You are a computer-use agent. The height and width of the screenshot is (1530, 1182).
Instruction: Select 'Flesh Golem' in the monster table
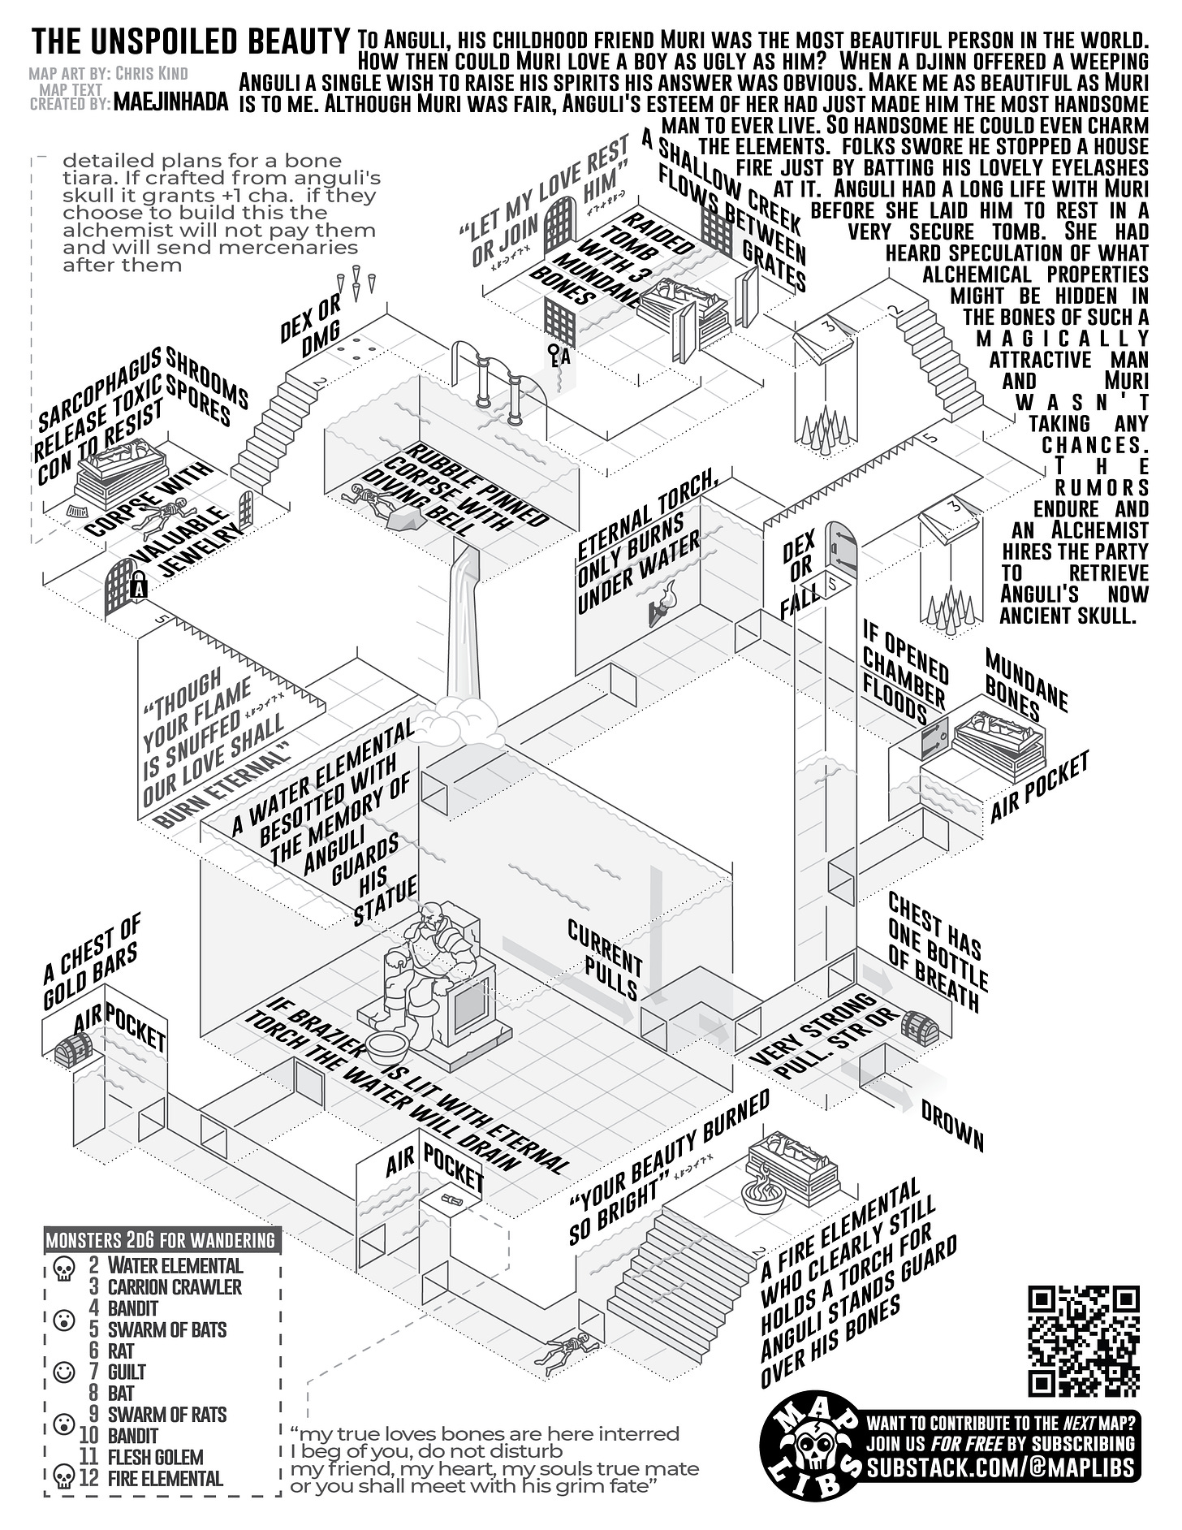pyautogui.click(x=156, y=1457)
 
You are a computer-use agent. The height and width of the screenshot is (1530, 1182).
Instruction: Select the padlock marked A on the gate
pyautogui.click(x=139, y=585)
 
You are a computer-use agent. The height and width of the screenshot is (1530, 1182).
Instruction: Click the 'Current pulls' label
pyautogui.click(x=605, y=959)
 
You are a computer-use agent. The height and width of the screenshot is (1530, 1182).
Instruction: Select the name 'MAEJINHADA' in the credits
pyautogui.click(x=171, y=102)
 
